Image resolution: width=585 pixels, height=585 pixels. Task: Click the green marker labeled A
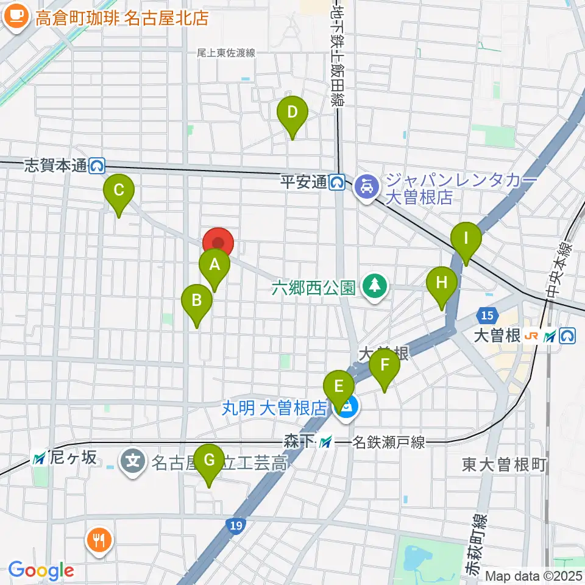(x=214, y=264)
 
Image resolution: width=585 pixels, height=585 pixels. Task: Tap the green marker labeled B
(x=197, y=300)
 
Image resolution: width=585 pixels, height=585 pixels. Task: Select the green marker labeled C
(x=119, y=190)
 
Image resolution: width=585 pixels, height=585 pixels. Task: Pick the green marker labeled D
(x=292, y=112)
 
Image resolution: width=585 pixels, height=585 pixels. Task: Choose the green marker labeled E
(x=339, y=386)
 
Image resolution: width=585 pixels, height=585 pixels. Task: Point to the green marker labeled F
(x=385, y=365)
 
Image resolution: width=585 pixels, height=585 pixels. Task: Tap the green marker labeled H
(x=441, y=282)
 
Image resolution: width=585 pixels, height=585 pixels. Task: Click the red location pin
(x=218, y=241)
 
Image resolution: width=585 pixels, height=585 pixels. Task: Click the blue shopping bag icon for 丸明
(x=347, y=408)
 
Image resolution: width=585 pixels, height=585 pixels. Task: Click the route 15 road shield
(x=486, y=315)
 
